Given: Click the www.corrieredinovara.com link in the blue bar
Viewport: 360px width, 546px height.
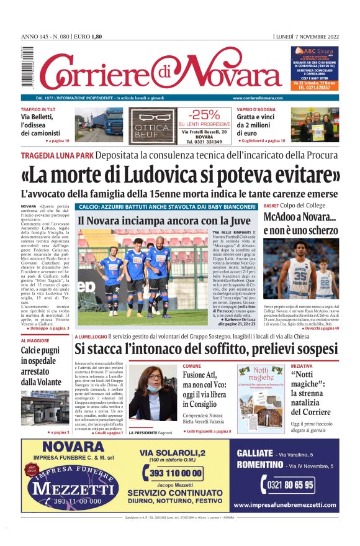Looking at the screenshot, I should pos(258,98).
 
